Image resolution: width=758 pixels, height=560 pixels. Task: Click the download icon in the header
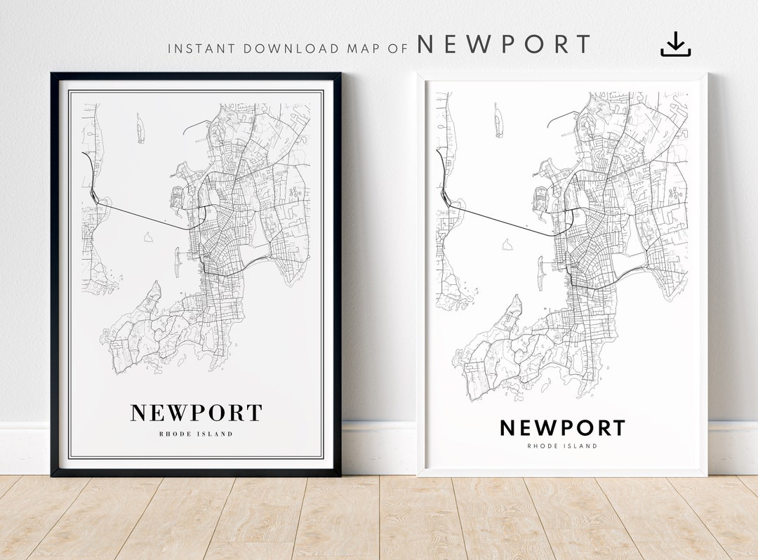pos(675,44)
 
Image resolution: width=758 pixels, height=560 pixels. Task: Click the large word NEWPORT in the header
pos(504,45)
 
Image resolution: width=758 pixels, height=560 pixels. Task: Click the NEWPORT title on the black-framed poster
pos(196,413)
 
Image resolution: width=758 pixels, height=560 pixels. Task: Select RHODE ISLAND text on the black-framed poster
pos(196,434)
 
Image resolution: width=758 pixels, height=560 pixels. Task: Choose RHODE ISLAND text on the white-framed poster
pos(561,446)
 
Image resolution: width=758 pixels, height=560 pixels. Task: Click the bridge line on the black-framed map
pos(147,215)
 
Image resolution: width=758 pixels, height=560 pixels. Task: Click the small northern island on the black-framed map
pos(140,129)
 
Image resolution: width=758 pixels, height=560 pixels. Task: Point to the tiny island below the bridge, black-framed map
pos(148,237)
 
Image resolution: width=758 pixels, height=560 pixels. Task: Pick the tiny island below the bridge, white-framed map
pos(507,244)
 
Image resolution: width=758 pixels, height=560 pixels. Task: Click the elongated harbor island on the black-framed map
pos(177,261)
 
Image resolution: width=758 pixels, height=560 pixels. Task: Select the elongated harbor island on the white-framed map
pos(540,272)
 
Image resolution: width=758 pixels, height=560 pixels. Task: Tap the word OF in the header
pos(398,49)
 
